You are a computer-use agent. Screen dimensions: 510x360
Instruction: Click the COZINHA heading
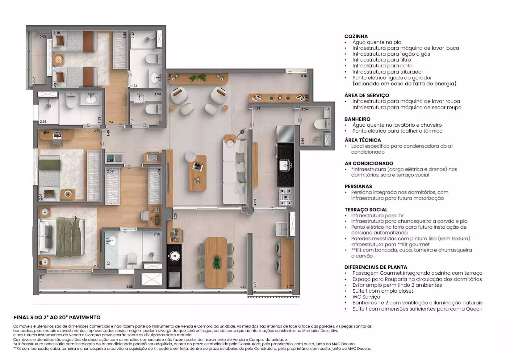(x=356, y=36)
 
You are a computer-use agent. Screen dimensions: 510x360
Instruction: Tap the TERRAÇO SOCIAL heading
(x=366, y=210)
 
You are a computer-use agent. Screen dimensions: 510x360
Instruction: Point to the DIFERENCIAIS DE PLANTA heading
(x=376, y=267)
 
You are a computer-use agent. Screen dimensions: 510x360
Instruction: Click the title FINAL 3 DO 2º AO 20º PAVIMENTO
(x=57, y=317)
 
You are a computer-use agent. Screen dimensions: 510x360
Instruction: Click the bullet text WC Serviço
(x=366, y=297)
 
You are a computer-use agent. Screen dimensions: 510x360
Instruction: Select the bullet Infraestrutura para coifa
(x=382, y=66)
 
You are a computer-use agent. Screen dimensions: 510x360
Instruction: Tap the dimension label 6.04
(x=304, y=76)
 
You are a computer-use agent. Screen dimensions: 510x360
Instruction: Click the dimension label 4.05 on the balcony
(x=129, y=287)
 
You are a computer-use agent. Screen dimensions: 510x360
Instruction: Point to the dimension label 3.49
(x=244, y=205)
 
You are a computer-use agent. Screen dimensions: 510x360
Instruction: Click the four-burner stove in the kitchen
(x=286, y=197)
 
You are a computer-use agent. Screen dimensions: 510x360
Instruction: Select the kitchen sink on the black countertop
(x=285, y=165)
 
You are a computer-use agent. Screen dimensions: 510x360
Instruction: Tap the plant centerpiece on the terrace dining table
(x=216, y=262)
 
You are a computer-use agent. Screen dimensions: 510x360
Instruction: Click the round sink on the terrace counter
(x=174, y=256)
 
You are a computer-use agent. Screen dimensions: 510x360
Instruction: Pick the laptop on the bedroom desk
(x=57, y=135)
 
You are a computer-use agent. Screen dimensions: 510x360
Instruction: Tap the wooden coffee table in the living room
(x=198, y=173)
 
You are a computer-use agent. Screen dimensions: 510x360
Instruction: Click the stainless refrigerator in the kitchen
(x=285, y=134)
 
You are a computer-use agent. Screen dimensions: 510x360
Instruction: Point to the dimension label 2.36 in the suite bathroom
(x=157, y=234)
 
